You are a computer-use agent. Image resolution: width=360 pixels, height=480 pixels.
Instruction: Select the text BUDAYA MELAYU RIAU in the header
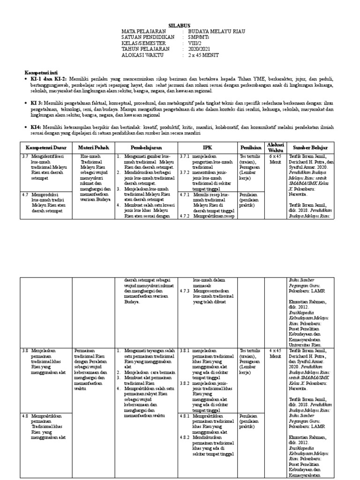click(x=216, y=31)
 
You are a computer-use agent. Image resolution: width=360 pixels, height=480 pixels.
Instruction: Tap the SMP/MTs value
click(x=197, y=37)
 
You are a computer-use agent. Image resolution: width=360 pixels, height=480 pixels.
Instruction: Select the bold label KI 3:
click(x=37, y=102)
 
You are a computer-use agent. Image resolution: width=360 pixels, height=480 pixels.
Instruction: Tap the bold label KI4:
click(x=36, y=127)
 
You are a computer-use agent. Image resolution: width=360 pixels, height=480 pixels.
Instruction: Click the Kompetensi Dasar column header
click(x=45, y=147)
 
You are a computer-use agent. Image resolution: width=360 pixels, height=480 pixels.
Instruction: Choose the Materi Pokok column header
click(x=94, y=147)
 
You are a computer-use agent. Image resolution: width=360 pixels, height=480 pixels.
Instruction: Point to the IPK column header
click(x=207, y=147)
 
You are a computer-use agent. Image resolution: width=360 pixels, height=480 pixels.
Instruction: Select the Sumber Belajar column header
click(x=311, y=147)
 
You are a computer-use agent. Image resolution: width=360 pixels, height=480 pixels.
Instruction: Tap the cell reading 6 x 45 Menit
click(x=275, y=158)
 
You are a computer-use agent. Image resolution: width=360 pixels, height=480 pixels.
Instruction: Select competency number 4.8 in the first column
click(x=26, y=415)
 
